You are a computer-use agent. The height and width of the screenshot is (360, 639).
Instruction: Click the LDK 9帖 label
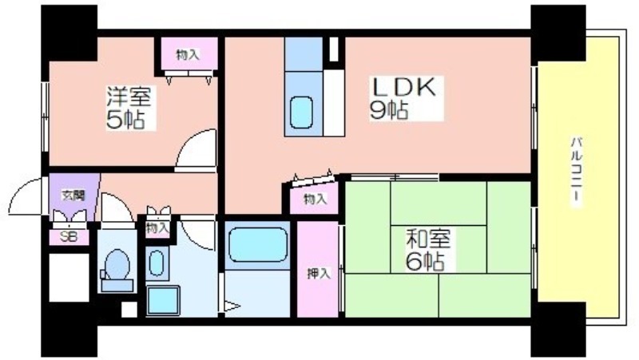coord(403,98)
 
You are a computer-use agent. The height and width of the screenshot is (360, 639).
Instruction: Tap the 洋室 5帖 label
coord(129,108)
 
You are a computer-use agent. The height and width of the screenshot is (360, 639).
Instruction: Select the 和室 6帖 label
coord(427,250)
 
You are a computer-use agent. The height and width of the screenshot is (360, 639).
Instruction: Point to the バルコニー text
coord(577,170)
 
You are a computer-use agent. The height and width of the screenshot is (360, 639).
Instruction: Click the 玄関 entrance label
coord(73,196)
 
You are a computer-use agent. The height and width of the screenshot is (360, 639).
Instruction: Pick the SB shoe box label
coord(68,236)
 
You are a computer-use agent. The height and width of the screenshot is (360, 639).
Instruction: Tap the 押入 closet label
coord(318,274)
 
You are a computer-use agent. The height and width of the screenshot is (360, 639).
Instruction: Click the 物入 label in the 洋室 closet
coord(188,55)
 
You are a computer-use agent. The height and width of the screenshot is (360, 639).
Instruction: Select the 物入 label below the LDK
coord(315,199)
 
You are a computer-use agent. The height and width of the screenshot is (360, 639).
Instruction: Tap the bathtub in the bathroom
coord(257,244)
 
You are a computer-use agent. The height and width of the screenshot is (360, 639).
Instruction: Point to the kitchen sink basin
coord(302,113)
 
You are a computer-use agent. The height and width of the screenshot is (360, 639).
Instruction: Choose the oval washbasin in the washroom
coord(157,263)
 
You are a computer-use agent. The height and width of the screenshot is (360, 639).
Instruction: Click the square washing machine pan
coord(163,301)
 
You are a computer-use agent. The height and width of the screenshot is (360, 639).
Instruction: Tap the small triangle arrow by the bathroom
coord(232,306)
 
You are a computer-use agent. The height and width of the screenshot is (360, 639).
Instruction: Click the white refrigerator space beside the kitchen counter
coord(334,103)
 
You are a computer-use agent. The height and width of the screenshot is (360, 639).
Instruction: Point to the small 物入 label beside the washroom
coord(157,227)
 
